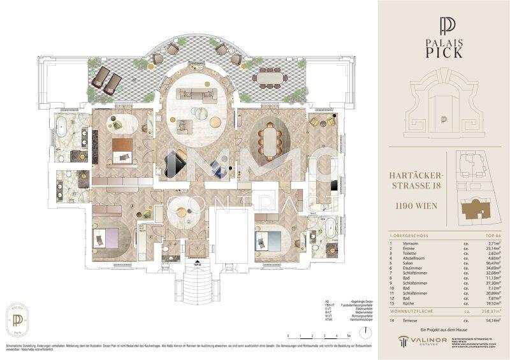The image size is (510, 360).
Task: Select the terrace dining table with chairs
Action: coord(269,79)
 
